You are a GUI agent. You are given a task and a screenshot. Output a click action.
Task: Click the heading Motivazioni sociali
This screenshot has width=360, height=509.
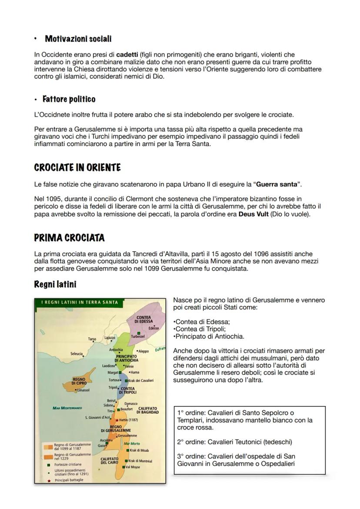coord(78,39)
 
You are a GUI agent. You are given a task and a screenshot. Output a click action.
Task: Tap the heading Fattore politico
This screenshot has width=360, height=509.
coord(69,99)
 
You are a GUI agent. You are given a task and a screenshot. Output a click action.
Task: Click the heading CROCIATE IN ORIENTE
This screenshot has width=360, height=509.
coord(77,167)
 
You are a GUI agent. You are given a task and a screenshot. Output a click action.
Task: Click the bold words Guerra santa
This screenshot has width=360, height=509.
coord(274,184)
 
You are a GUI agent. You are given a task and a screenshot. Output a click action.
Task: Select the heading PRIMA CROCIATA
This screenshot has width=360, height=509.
coord(69,238)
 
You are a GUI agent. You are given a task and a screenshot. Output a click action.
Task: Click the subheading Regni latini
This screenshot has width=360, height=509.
coord(55,284)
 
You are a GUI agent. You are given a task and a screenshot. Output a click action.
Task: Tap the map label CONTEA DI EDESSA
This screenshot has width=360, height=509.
coord(144,319)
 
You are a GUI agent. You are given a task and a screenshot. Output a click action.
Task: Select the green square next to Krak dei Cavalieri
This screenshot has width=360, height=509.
coord(126,381)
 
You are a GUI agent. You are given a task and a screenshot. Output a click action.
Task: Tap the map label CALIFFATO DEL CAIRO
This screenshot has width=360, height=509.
coord(110,460)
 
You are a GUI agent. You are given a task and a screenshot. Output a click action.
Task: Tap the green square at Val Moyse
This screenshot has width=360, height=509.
coord(123,467)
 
